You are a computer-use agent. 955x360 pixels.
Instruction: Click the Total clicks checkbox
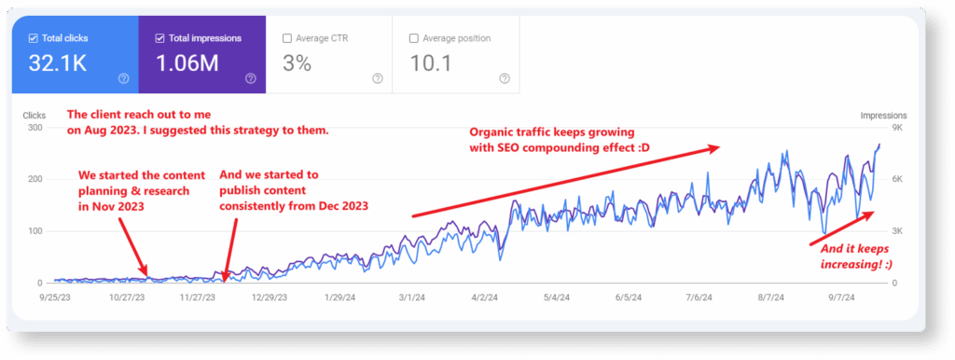pos(33,38)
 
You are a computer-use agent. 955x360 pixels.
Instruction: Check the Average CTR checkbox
pos(286,38)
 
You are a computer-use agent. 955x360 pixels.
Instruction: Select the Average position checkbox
pos(413,38)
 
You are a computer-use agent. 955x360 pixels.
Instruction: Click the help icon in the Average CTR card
pos(377,78)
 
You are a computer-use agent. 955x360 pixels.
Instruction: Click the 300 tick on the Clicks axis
pos(35,128)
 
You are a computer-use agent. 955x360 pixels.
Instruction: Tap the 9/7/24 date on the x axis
pos(843,298)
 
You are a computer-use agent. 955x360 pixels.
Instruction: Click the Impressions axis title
pos(883,116)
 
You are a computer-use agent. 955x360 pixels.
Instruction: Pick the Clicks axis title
pos(35,116)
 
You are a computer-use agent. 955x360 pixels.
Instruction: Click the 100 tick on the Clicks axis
pos(35,231)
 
